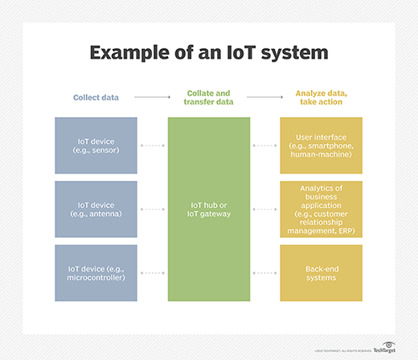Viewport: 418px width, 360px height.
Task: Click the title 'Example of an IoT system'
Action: [x=208, y=54]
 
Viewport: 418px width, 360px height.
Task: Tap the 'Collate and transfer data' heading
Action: [x=209, y=96]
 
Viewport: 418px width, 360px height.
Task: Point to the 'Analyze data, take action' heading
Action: [x=320, y=96]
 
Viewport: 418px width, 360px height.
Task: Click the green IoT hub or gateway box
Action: [x=209, y=209]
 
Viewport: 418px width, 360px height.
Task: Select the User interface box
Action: [x=320, y=145]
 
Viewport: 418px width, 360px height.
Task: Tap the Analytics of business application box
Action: [x=320, y=209]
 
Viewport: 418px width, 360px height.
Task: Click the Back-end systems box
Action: [x=320, y=272]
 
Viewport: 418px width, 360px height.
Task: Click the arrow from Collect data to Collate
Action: [x=152, y=96]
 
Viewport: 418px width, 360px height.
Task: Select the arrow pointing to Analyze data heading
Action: [x=264, y=96]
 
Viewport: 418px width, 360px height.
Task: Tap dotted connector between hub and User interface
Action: [x=264, y=145]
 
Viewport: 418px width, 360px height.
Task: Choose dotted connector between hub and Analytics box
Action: [x=264, y=209]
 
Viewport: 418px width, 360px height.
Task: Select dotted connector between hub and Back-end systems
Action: [x=264, y=272]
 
